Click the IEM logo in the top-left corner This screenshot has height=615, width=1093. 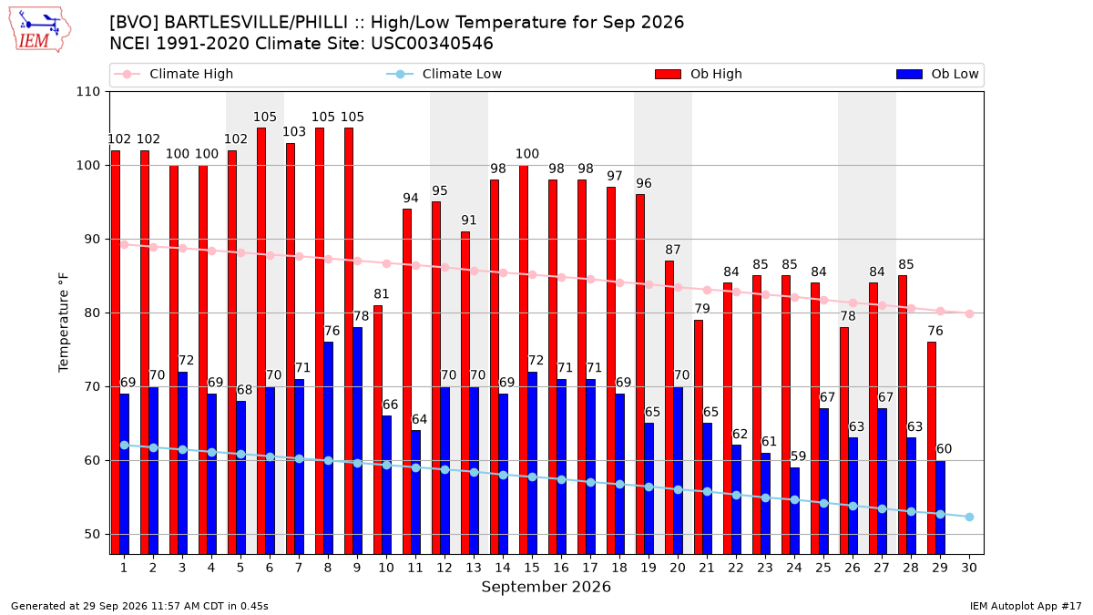(x=39, y=30)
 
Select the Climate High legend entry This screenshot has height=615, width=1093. (x=173, y=74)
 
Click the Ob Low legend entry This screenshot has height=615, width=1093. (x=937, y=74)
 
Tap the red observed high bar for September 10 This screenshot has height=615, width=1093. (x=378, y=429)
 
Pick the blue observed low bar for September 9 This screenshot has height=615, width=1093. (x=358, y=441)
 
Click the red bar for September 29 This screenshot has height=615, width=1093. (x=932, y=448)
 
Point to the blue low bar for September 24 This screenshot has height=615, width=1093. (x=795, y=510)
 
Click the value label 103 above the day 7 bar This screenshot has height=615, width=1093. (x=294, y=132)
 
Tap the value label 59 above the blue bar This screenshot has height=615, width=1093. (x=798, y=456)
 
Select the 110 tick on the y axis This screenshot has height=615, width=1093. (x=87, y=92)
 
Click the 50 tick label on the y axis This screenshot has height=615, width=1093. (x=92, y=535)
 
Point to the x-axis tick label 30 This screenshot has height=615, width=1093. (x=969, y=568)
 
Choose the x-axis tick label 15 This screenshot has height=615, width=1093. (x=532, y=568)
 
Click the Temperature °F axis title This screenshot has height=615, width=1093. (x=64, y=323)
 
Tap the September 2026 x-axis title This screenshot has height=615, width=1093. (x=546, y=587)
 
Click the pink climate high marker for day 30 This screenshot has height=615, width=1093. (x=969, y=313)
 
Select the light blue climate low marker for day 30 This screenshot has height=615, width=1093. (x=969, y=517)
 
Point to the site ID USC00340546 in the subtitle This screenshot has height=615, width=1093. (x=432, y=44)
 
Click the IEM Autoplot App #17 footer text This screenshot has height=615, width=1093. (x=1026, y=606)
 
